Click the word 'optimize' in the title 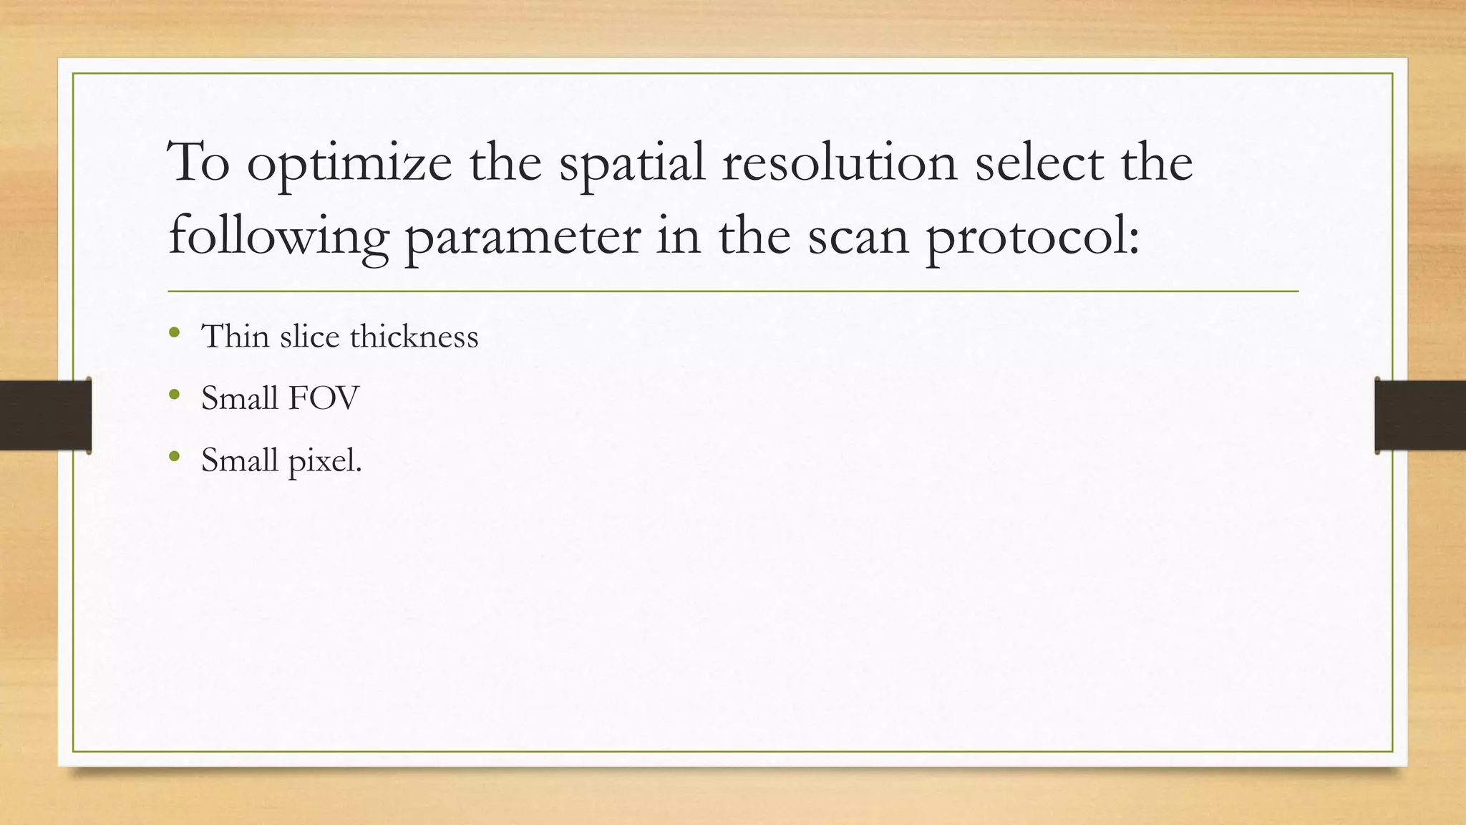point(349,164)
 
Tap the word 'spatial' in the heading point(631,164)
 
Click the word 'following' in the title point(278,238)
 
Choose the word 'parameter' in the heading point(523,238)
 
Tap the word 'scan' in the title point(858,238)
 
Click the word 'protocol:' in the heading point(1033,238)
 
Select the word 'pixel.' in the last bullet point(325,460)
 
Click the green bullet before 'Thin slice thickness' point(174,332)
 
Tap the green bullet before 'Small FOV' point(174,394)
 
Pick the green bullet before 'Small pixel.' point(174,455)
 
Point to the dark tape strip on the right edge point(1420,415)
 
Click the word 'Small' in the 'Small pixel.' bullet point(239,460)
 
